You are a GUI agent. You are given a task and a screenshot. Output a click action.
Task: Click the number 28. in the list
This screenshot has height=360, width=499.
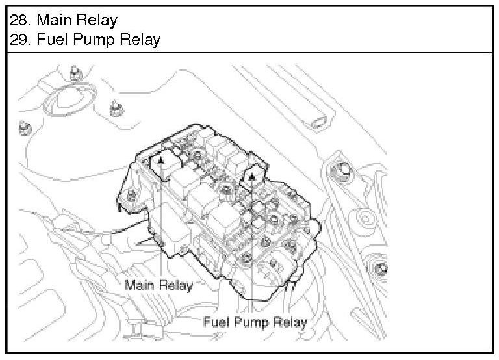pyautogui.click(x=20, y=20)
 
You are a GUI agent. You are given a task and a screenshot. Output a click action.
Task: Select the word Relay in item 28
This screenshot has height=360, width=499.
pyautogui.click(x=96, y=20)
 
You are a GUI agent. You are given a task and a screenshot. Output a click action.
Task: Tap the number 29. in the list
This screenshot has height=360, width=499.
pyautogui.click(x=20, y=40)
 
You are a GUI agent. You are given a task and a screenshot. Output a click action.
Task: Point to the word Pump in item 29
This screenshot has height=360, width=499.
pyautogui.click(x=91, y=40)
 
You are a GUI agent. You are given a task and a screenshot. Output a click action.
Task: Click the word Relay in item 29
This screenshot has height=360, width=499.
pyautogui.click(x=138, y=40)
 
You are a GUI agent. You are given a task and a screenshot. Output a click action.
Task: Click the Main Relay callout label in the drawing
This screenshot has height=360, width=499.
pyautogui.click(x=159, y=285)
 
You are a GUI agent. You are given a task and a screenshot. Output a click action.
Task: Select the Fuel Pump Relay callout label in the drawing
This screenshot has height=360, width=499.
pyautogui.click(x=255, y=321)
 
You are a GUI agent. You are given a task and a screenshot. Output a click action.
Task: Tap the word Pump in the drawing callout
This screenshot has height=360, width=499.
pyautogui.click(x=255, y=321)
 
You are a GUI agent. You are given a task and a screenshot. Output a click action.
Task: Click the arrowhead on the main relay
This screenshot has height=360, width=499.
pyautogui.click(x=160, y=159)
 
